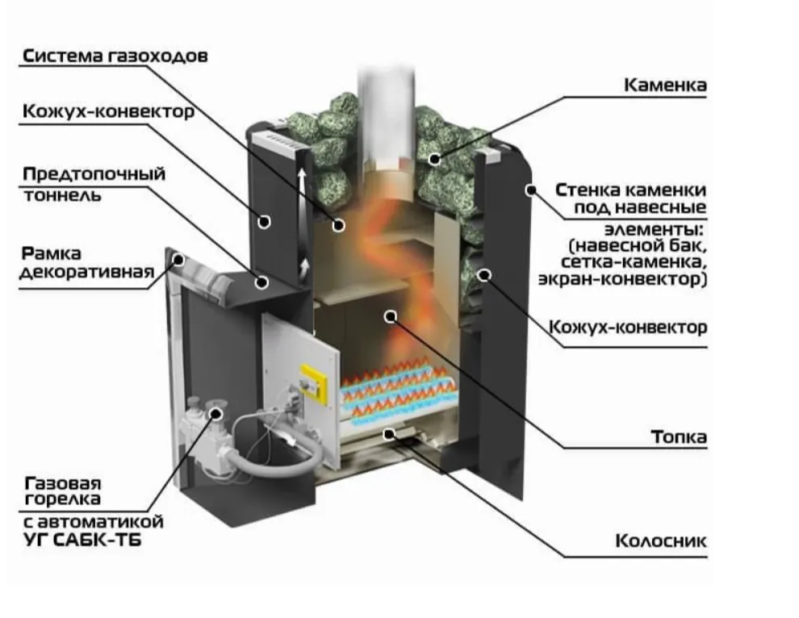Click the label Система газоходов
coord(115,56)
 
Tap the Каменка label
coord(665,85)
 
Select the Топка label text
coord(679,437)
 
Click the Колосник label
coord(661,541)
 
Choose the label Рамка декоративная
coord(86,263)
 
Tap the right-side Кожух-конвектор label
coord(628,328)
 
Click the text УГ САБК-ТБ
coord(82,540)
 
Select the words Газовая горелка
coord(64,491)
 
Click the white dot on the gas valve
coord(215,413)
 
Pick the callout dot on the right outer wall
coord(530,190)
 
